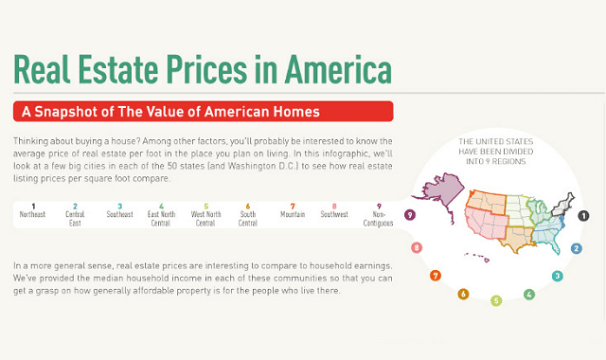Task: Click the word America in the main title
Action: [330, 70]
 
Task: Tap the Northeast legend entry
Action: [32, 210]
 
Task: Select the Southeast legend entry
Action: [119, 210]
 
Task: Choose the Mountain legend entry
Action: [293, 210]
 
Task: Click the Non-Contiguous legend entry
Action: [379, 214]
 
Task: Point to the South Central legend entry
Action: [248, 214]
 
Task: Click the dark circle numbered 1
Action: [583, 215]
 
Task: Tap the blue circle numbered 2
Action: [576, 248]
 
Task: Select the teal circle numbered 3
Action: [557, 277]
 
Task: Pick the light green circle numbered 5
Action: [496, 300]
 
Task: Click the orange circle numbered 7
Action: [436, 276]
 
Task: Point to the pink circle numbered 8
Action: [417, 248]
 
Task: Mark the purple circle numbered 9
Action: [409, 215]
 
